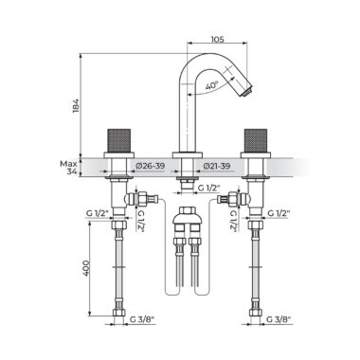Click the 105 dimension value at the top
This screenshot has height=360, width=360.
tap(217, 39)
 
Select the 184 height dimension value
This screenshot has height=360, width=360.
tap(76, 106)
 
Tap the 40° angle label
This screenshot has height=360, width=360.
tap(211, 85)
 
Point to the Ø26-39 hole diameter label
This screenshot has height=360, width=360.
tap(151, 166)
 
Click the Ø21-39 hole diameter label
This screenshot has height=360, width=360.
tap(217, 166)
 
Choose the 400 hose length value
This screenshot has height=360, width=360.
tap(86, 268)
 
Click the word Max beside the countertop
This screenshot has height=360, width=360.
tap(68, 164)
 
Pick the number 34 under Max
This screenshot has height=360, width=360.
tap(72, 171)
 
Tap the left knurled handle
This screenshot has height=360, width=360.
tap(119, 140)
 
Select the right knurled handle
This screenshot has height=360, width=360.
tap(256, 140)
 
